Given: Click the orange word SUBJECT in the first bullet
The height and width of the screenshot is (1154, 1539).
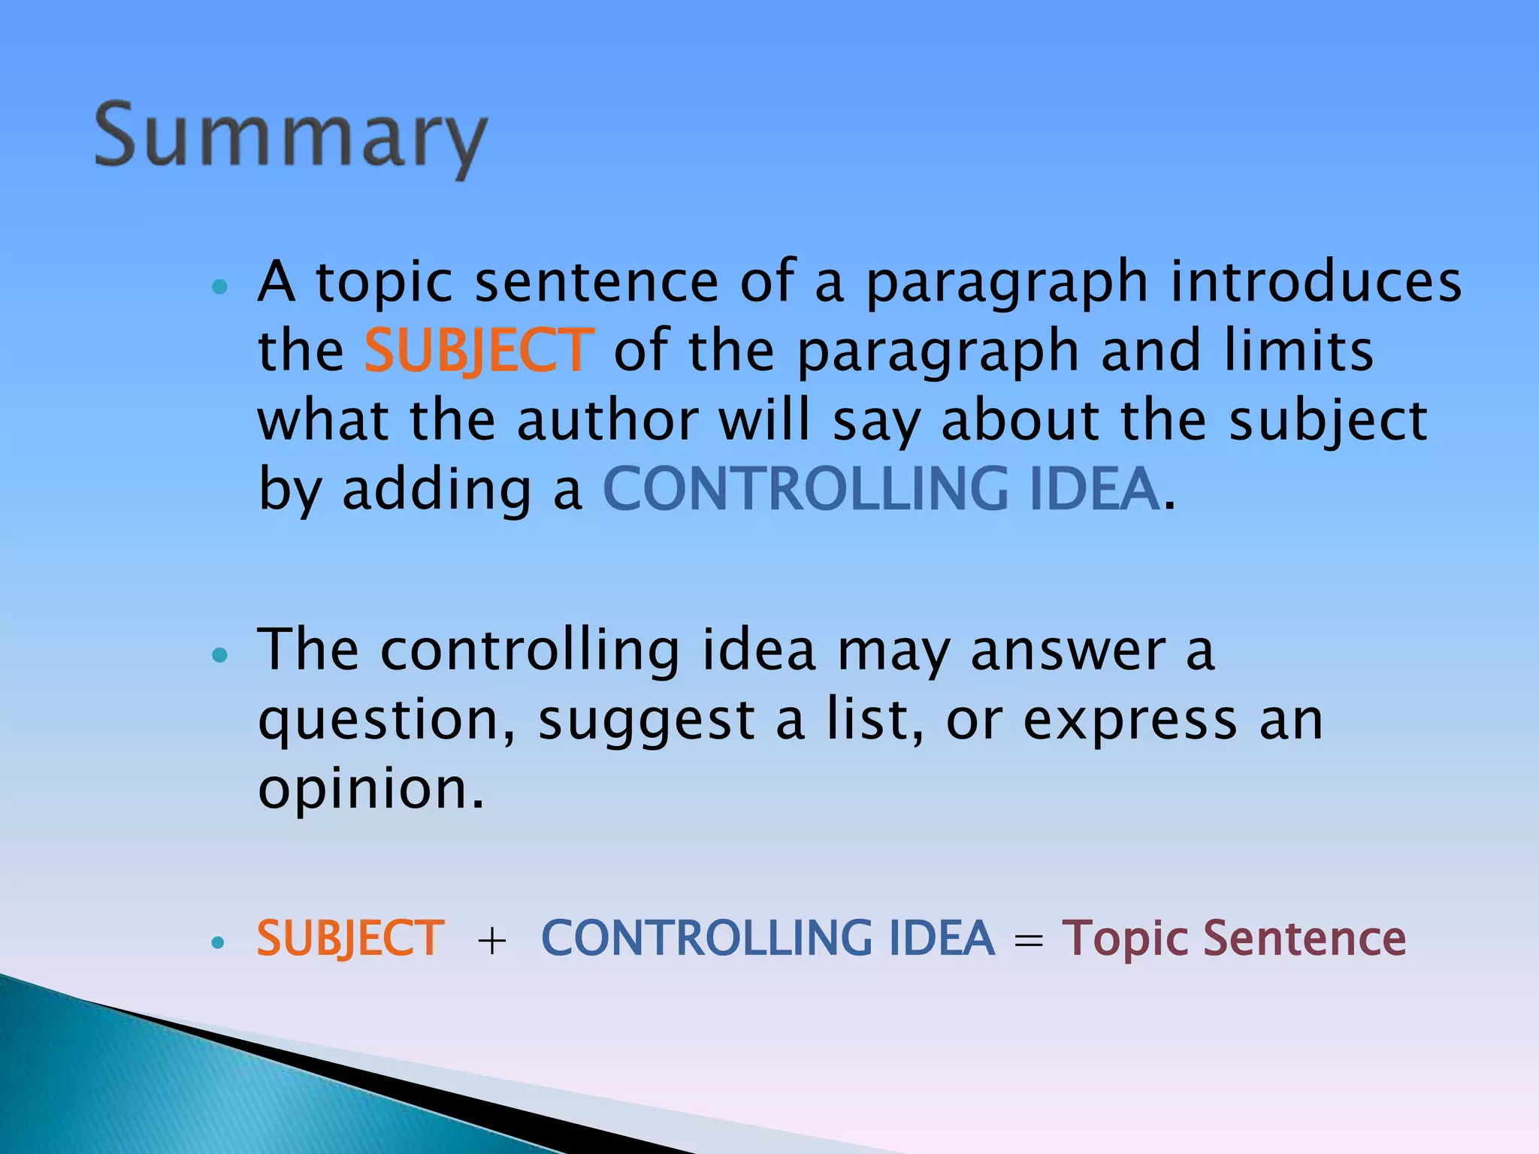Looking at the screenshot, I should coord(479,350).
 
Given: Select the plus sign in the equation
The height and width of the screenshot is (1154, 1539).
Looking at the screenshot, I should coord(492,941).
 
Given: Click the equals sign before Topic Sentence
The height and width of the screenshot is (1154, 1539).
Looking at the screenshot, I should coord(1028,941).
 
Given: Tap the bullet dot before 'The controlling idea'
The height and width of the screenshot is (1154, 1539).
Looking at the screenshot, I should coord(219,655).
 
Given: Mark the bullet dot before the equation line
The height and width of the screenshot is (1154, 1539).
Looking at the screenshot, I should coord(218,942).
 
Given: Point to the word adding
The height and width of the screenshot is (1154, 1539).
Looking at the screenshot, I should coord(437,490).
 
